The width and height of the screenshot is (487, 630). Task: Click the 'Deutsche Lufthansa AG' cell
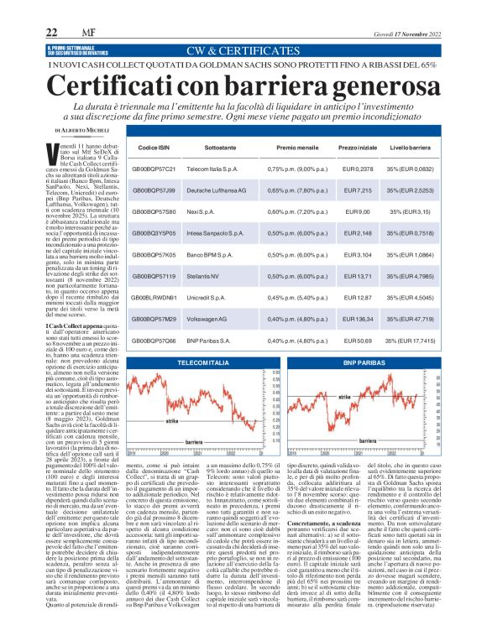[220, 191]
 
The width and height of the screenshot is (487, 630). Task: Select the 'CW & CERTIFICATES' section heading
[243, 49]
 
